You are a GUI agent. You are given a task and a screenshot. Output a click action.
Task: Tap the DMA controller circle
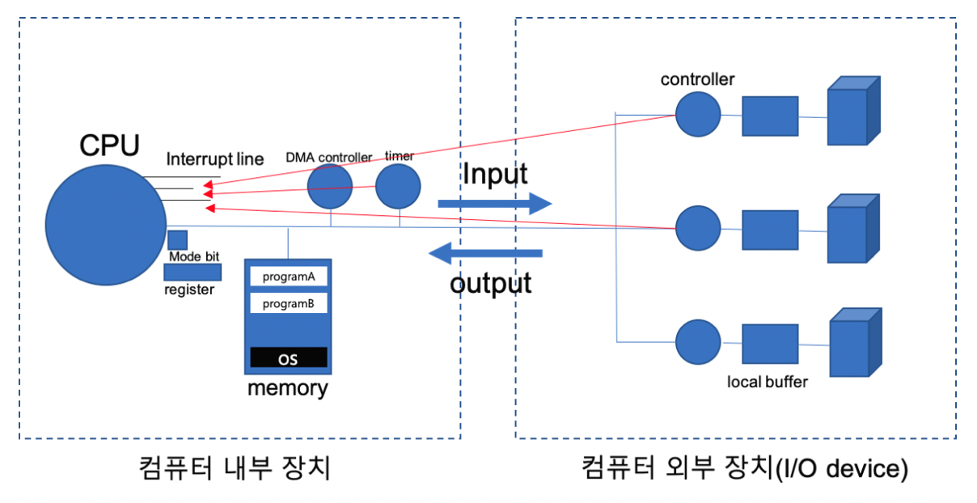(330, 187)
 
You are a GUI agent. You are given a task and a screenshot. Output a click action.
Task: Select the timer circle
(398, 187)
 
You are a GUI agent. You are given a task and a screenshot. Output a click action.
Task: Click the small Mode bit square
(177, 240)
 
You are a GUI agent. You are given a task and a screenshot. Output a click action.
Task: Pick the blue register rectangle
(192, 273)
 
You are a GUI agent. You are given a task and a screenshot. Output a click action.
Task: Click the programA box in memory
(289, 277)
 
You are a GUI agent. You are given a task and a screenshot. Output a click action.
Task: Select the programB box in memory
(289, 303)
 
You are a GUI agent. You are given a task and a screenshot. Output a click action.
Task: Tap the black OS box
(289, 358)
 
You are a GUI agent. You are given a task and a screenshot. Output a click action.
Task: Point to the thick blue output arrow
(485, 255)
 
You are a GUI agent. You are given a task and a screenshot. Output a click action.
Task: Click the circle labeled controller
(698, 114)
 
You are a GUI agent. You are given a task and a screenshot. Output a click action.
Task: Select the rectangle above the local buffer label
(770, 343)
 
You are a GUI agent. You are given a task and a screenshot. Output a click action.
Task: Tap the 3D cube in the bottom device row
(854, 344)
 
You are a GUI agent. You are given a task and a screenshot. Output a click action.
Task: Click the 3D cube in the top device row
(852, 112)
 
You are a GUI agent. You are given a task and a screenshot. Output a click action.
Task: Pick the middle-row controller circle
(698, 228)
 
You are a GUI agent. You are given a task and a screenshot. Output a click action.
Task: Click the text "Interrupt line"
(214, 159)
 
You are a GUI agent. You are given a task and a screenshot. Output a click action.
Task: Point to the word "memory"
(288, 388)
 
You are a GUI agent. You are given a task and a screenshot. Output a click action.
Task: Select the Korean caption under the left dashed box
(235, 468)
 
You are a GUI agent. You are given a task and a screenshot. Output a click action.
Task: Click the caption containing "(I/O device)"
(744, 468)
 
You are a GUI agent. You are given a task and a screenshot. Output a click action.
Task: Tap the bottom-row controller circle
(698, 341)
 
